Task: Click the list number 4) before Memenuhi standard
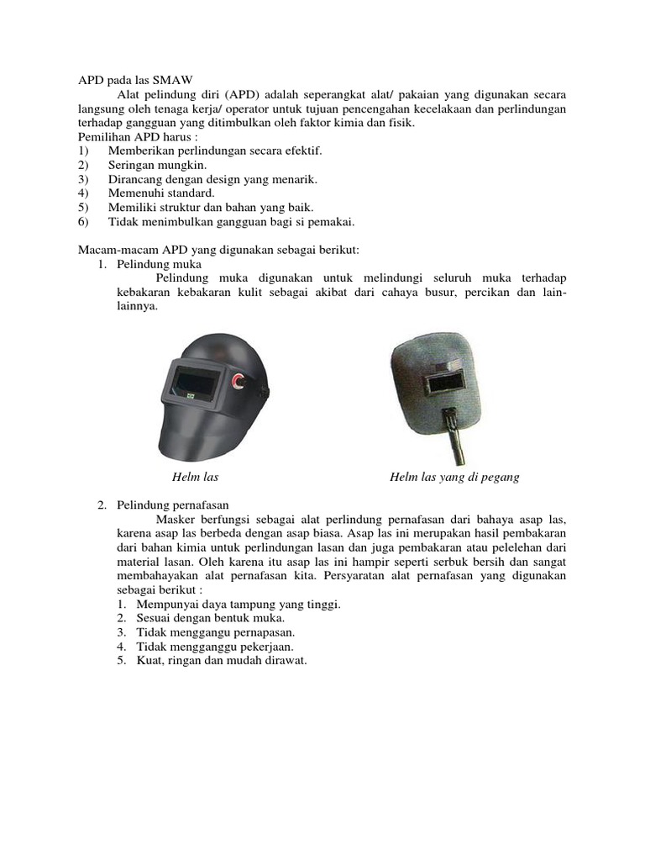82,193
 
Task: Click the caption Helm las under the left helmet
195,477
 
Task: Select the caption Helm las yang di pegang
454,477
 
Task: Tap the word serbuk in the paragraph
463,562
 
